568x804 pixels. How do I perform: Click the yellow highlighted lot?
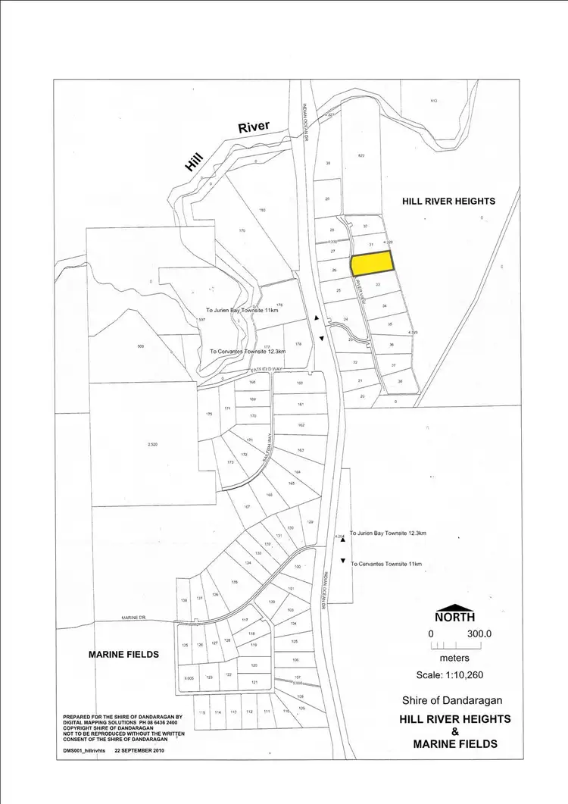pos(372,263)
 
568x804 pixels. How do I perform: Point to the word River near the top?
pos(254,127)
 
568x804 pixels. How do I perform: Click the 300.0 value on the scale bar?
pos(479,634)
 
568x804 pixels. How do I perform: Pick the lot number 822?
pos(361,155)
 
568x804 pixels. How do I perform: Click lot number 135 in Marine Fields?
pos(234,582)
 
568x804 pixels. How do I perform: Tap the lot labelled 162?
pos(301,426)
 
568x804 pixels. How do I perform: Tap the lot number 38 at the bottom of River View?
pos(401,381)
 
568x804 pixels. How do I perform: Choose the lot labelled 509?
pos(140,346)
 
